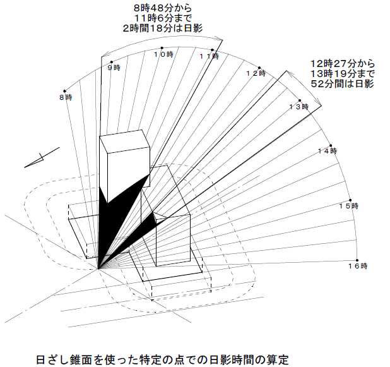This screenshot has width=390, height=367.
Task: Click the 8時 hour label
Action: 66,98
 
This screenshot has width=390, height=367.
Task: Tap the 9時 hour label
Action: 114,68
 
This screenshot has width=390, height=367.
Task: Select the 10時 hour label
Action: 163,56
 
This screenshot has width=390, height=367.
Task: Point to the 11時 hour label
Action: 210,57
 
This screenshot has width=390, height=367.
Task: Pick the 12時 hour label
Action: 256,74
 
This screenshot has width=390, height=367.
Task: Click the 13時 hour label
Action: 298,107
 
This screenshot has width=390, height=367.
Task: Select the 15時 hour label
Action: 349,207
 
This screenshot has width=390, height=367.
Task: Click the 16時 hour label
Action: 358,267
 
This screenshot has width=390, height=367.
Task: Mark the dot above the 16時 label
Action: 357,261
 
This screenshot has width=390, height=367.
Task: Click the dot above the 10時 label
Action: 162,49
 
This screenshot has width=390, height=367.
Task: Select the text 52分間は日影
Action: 343,83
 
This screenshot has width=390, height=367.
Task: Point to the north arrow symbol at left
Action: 40,159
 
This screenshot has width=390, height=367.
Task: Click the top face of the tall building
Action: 124,142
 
